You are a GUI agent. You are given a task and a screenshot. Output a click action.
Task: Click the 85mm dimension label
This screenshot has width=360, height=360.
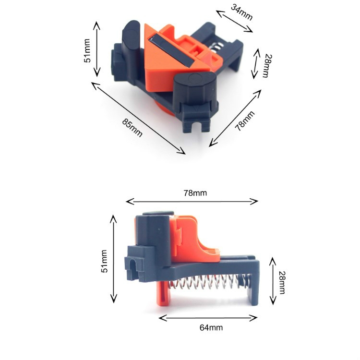tap(132, 128)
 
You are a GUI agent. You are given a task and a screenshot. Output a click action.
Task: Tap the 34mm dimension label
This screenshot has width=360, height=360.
tap(242, 12)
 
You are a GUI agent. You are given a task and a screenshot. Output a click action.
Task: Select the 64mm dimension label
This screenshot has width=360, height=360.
tap(211, 327)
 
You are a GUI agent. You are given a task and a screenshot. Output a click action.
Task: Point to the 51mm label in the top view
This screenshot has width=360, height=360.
tap(87, 51)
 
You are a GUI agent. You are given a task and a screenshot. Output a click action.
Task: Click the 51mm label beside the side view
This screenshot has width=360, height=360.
tap(104, 261)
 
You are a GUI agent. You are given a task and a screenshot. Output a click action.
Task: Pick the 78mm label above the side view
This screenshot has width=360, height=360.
tap(195, 193)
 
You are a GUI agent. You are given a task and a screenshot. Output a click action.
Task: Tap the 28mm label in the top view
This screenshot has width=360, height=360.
tap(267, 66)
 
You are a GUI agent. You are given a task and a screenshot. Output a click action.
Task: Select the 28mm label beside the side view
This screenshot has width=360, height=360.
tap(282, 283)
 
